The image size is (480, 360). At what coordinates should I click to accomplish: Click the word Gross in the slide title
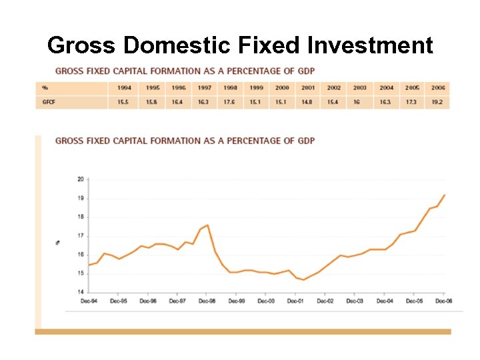pos(82,45)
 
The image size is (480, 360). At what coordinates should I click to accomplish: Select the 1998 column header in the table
pos(231,88)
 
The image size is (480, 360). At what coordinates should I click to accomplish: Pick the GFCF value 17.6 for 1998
pos(231,102)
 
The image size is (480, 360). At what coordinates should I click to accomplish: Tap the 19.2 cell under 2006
pos(437,102)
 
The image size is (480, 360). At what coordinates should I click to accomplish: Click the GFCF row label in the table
pos(49,102)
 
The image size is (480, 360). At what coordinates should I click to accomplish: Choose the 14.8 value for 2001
pos(308,102)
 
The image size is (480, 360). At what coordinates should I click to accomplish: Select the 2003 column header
pos(360,88)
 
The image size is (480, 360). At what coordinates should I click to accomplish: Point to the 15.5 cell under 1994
pos(124,102)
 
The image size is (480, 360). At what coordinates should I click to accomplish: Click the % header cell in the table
pos(45,88)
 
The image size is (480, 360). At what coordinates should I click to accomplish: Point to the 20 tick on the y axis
pos(81,179)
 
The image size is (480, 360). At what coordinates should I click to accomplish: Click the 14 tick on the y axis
pos(81,292)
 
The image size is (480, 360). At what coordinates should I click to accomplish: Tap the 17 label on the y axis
pos(81,236)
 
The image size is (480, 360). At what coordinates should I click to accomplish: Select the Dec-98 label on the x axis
pos(207,301)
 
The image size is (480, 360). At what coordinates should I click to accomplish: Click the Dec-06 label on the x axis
pos(444,301)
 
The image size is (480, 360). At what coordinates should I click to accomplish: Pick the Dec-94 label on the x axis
pos(89,301)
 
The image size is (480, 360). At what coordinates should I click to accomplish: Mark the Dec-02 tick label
pos(325,301)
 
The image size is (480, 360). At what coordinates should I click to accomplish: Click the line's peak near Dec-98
pos(208,225)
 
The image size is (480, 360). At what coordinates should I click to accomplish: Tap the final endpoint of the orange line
pos(445,195)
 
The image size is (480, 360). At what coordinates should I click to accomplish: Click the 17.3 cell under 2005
pos(412,102)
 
